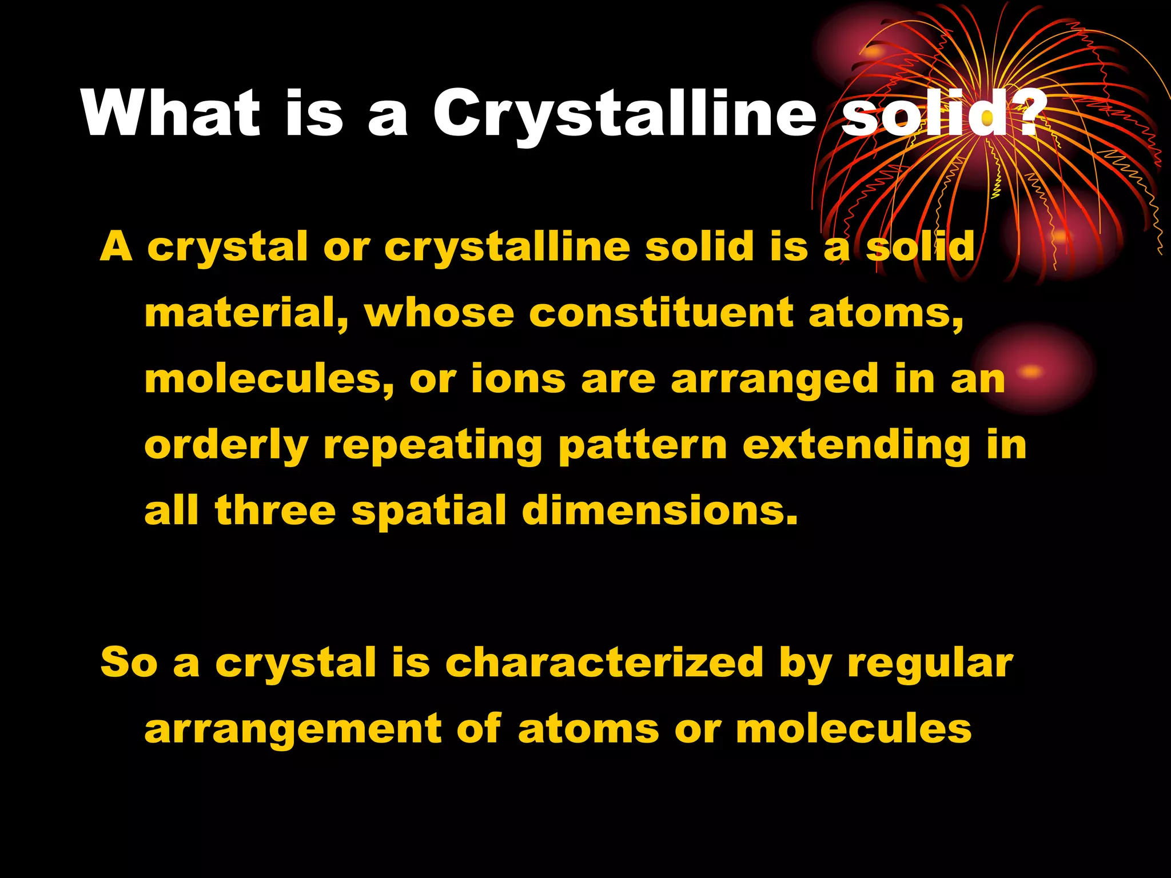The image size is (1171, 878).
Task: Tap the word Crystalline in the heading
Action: pyautogui.click(x=624, y=114)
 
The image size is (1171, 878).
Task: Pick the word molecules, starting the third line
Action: pyautogui.click(x=269, y=380)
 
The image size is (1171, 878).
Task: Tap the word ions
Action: pyautogui.click(x=518, y=380)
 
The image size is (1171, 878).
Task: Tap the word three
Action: pyautogui.click(x=275, y=510)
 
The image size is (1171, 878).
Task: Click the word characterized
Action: pyautogui.click(x=604, y=663)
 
